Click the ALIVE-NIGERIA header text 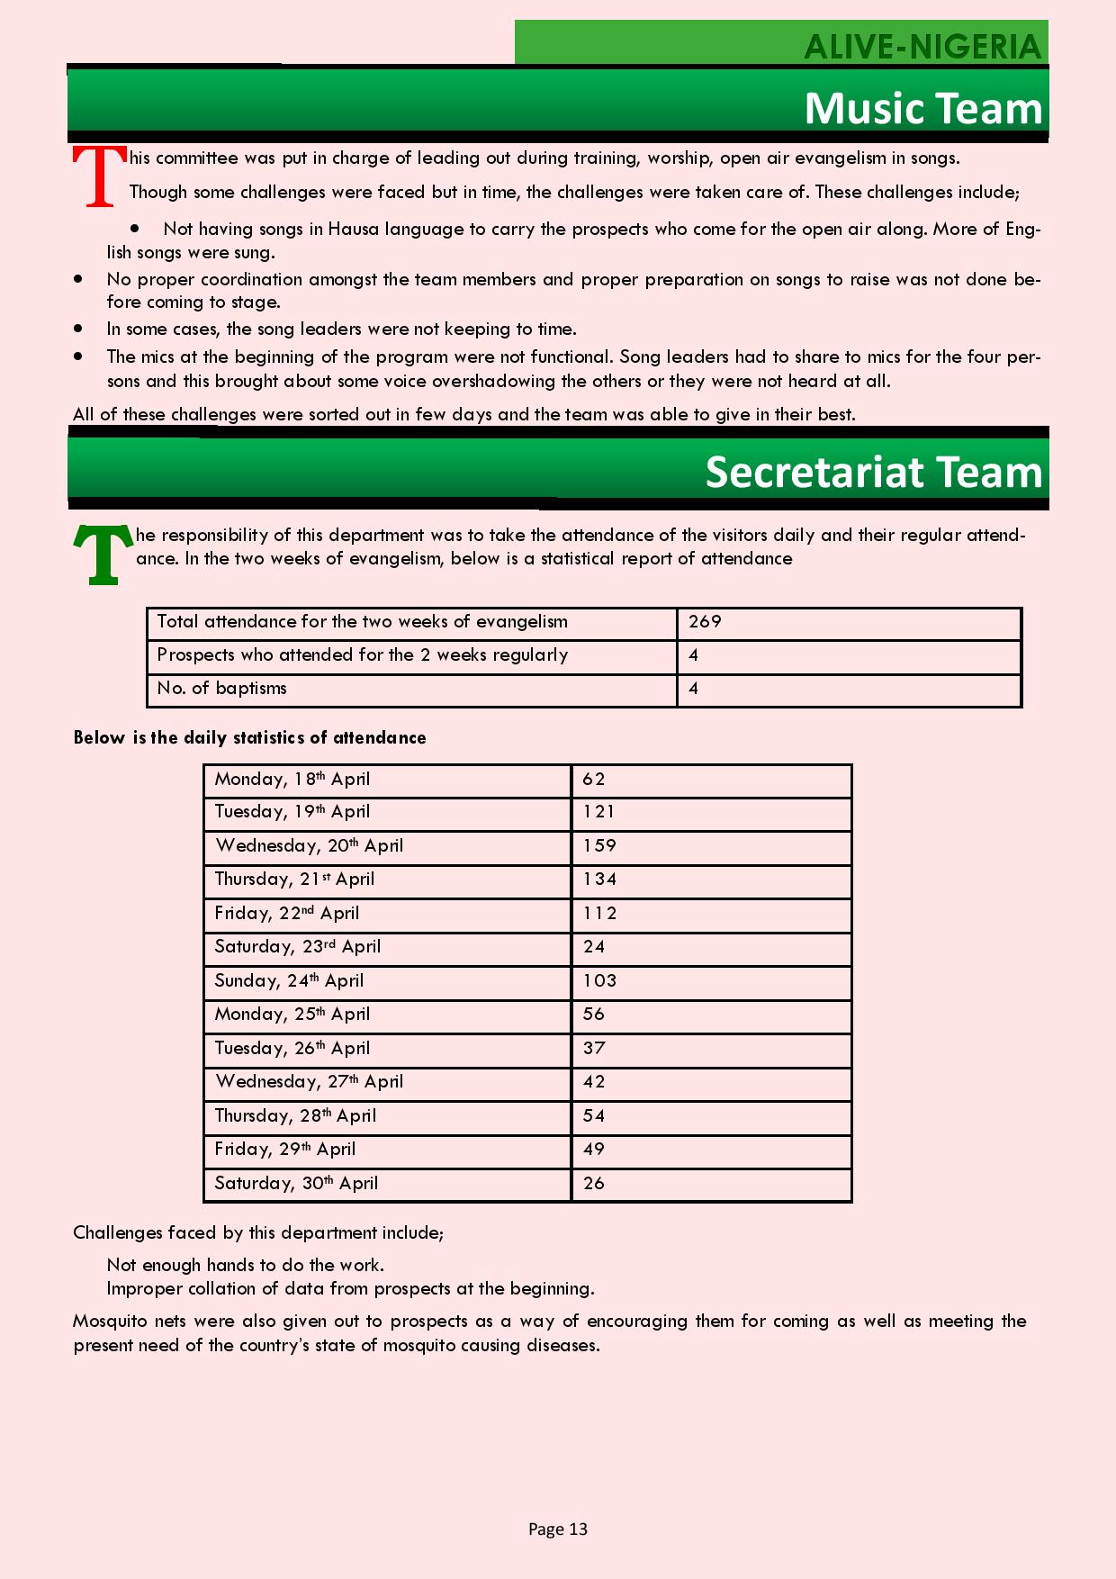pyautogui.click(x=922, y=47)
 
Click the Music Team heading pyautogui.click(x=923, y=108)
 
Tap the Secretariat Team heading pyautogui.click(x=873, y=472)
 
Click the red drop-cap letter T pyautogui.click(x=99, y=176)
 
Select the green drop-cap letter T pyautogui.click(x=103, y=555)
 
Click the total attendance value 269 pyautogui.click(x=705, y=622)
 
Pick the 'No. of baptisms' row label pyautogui.click(x=221, y=689)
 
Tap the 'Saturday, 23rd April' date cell pyautogui.click(x=297, y=947)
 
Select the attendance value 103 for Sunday pyautogui.click(x=599, y=980)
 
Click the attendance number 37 pyautogui.click(x=594, y=1048)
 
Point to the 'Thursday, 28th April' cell pyautogui.click(x=295, y=1115)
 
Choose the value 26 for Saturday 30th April pyautogui.click(x=594, y=1183)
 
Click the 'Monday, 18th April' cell pyautogui.click(x=292, y=780)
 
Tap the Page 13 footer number pyautogui.click(x=557, y=1529)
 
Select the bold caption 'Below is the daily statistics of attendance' pyautogui.click(x=249, y=738)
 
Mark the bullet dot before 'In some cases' pyautogui.click(x=79, y=329)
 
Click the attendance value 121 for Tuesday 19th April pyautogui.click(x=598, y=811)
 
